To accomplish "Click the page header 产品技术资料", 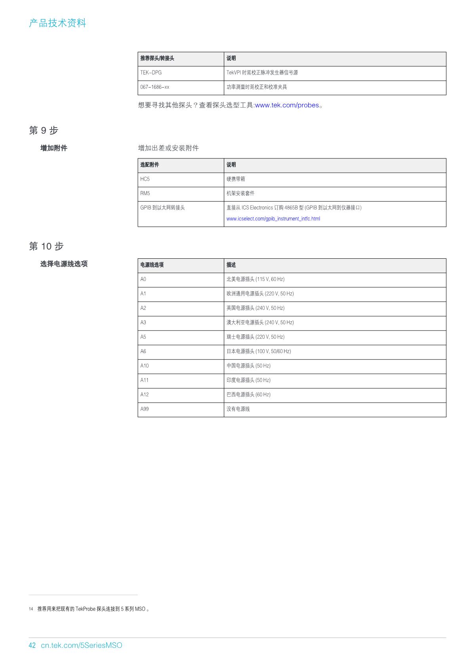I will pyautogui.click(x=57, y=23).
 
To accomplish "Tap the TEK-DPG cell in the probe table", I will pyautogui.click(x=151, y=73).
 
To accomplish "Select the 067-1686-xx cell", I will pyautogui.click(x=155, y=87).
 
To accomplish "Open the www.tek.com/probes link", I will pyautogui.click(x=287, y=105).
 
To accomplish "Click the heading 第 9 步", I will pyautogui.click(x=44, y=130).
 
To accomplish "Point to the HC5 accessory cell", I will pyautogui.click(x=145, y=179).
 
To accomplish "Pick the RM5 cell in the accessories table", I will pyautogui.click(x=145, y=193).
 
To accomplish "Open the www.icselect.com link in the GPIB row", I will pyautogui.click(x=273, y=219).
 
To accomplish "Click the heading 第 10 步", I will pyautogui.click(x=46, y=246).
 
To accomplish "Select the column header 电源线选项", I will pyautogui.click(x=152, y=265).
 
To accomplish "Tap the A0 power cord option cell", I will pyautogui.click(x=143, y=279).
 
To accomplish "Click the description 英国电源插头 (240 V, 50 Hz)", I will pyautogui.click(x=255, y=308).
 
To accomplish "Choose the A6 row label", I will pyautogui.click(x=143, y=351).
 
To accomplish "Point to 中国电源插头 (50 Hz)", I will pyautogui.click(x=248, y=366).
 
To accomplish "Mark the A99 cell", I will pyautogui.click(x=145, y=409).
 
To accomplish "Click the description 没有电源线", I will pyautogui.click(x=238, y=409).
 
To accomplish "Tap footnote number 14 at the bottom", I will pyautogui.click(x=31, y=609).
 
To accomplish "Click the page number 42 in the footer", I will pyautogui.click(x=32, y=645).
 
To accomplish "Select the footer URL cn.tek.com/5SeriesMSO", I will pyautogui.click(x=82, y=645).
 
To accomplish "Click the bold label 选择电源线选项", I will pyautogui.click(x=64, y=264).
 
